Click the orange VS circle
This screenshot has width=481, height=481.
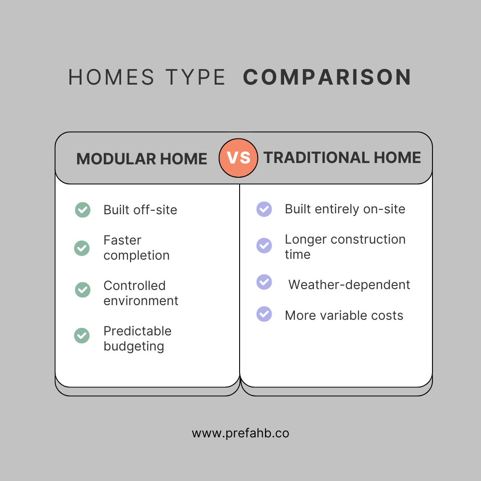238,158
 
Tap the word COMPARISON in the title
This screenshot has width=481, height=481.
327,77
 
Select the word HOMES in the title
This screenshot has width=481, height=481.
111,77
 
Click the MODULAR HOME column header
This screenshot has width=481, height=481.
142,159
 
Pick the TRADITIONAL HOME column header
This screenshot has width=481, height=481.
342,158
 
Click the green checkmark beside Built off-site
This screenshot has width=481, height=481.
82,210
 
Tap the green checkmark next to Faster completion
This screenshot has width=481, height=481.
82,248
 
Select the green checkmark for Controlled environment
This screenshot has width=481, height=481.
82,290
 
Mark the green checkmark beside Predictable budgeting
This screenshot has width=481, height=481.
82,335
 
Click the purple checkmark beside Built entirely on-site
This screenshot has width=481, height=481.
264,209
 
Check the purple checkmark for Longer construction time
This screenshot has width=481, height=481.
264,245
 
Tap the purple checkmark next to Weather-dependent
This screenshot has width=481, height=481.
264,281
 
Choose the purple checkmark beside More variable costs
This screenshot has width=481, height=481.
264,314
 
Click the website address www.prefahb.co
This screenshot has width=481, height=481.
240,433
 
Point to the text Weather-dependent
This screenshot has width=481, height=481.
349,285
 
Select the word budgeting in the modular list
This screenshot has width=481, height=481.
134,346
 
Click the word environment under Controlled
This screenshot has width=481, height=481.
141,301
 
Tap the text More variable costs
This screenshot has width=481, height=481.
344,316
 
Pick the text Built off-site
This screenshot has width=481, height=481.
140,210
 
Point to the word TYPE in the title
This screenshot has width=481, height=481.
196,77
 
